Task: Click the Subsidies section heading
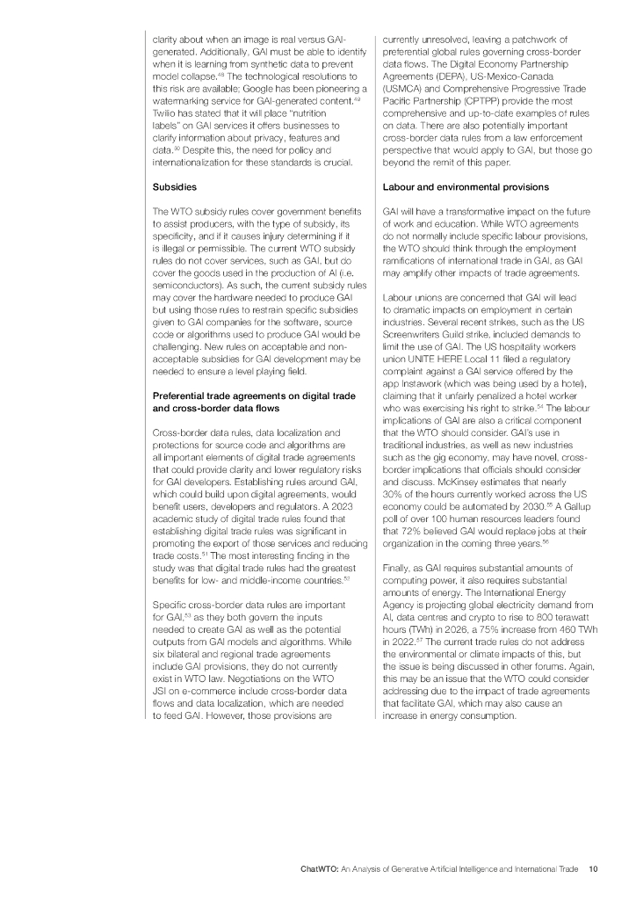[x=174, y=187]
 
